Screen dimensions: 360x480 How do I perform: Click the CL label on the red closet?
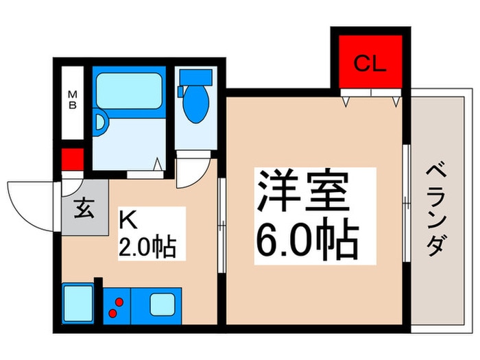(370, 65)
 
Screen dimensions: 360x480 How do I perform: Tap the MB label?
(71, 99)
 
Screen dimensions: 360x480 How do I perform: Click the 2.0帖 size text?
(147, 245)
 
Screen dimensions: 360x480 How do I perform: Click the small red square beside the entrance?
(71, 159)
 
